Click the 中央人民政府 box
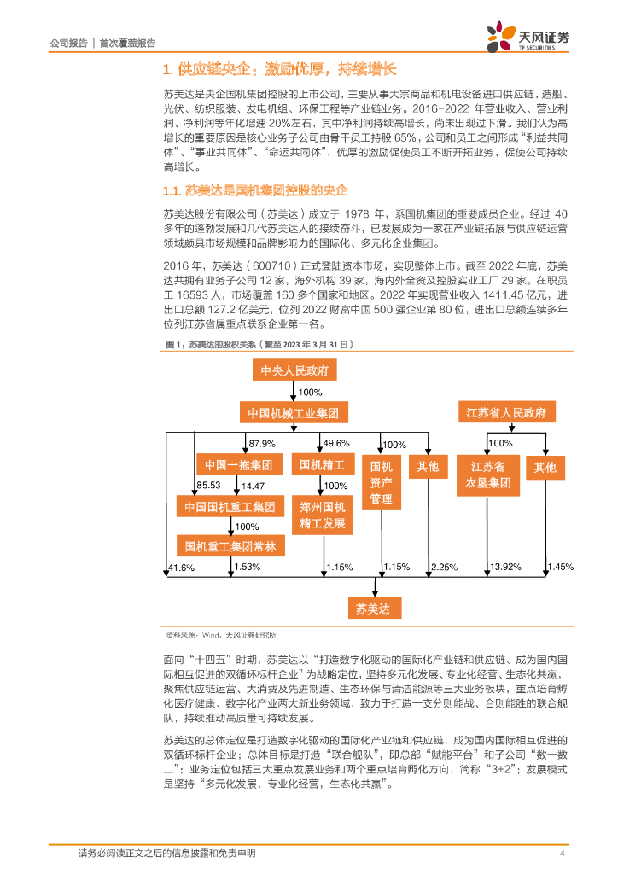pos(294,370)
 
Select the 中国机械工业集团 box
pos(294,413)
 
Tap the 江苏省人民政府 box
pos(506,413)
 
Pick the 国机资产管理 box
pos(381,483)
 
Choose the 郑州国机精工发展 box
pos(323,516)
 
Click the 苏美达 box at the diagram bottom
pos(372,609)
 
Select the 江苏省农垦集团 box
pos(488,475)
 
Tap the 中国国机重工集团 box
pos(230,507)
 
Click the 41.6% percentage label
pos(181,567)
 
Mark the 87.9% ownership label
pos(261,444)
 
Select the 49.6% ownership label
pos(336,444)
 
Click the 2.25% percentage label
pos(444,567)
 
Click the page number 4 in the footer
pos(562,853)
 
